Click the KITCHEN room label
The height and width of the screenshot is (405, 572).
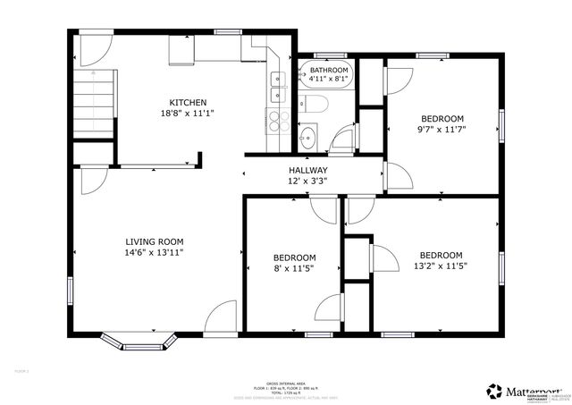pyautogui.click(x=188, y=102)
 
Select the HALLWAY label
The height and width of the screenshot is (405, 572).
pyautogui.click(x=307, y=170)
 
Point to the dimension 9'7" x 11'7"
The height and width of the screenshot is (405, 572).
pyautogui.click(x=442, y=130)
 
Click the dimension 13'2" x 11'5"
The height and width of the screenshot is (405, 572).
pyautogui.click(x=442, y=265)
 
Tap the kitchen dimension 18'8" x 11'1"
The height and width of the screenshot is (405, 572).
pyautogui.click(x=188, y=114)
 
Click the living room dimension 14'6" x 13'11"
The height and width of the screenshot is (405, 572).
pyautogui.click(x=154, y=253)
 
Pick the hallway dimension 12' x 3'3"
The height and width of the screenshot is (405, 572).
pyautogui.click(x=307, y=181)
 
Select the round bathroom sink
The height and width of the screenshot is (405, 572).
pyautogui.click(x=307, y=138)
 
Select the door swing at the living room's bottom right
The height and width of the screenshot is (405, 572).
pyautogui.click(x=220, y=317)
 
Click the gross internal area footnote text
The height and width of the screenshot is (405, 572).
pyautogui.click(x=277, y=385)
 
